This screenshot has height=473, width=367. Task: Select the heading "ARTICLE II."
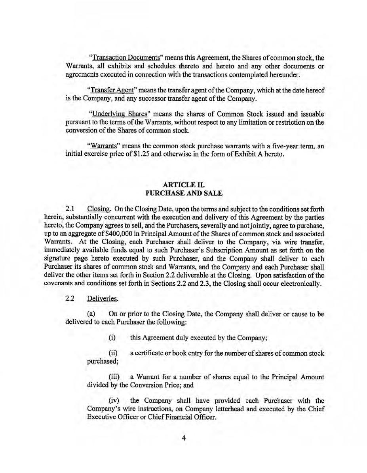point(184,185)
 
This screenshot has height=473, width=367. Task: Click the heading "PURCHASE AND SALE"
point(184,193)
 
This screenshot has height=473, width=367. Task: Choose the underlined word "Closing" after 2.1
point(99,209)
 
